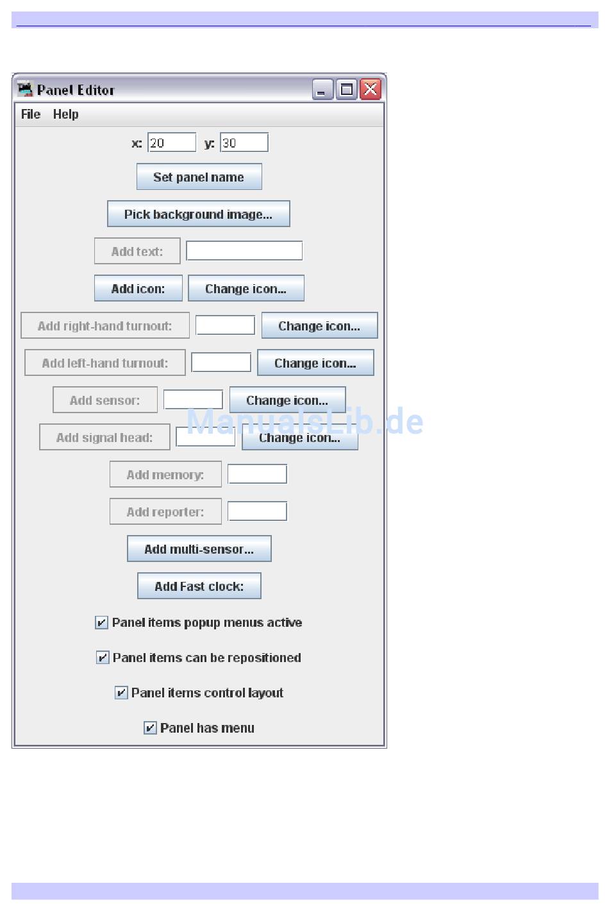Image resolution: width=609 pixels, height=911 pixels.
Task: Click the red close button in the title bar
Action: pos(371,89)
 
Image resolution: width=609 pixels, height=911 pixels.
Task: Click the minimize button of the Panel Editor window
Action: pos(322,89)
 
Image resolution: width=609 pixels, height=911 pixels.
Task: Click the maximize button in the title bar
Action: pos(347,89)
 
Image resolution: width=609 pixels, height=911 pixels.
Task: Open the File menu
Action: pos(31,114)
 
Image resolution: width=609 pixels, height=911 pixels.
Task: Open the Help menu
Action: pos(66,114)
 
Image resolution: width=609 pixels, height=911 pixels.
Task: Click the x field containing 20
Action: pos(172,142)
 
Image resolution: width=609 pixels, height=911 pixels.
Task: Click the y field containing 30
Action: pos(244,142)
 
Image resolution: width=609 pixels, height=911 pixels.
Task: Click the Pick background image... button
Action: pos(198,214)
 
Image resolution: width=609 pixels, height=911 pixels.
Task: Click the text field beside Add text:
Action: pos(244,251)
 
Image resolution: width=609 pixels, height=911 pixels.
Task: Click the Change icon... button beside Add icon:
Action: pos(246,289)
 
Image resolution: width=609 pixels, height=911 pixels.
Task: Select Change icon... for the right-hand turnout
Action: pos(319,326)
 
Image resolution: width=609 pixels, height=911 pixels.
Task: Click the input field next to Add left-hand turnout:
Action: pos(221,362)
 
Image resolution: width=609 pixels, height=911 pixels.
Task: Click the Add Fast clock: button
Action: pos(199,586)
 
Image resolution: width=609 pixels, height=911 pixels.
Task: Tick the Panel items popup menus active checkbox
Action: pos(101,622)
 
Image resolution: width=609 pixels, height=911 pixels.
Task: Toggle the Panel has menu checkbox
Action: pos(150,728)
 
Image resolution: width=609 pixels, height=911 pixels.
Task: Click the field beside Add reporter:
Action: pos(257,511)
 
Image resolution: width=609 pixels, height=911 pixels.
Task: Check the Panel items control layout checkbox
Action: pos(121,693)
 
